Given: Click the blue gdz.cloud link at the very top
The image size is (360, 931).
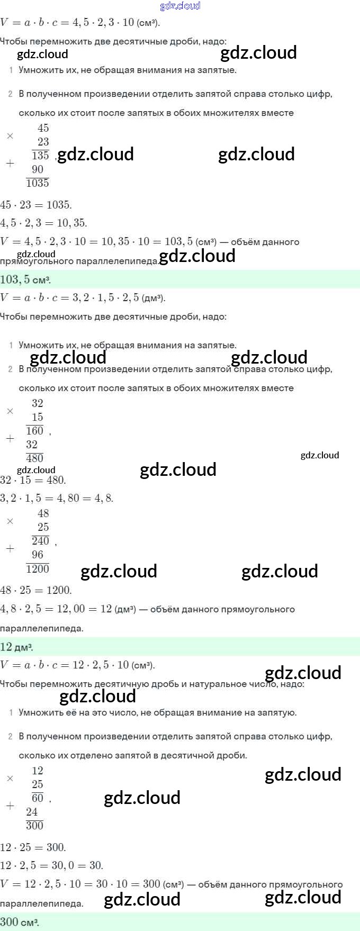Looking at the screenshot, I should point(180,6).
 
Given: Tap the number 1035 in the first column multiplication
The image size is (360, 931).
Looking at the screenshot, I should point(38,183).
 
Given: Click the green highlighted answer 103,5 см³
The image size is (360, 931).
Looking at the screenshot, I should point(26,279).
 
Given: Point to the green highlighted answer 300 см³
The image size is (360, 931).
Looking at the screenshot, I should point(20,922).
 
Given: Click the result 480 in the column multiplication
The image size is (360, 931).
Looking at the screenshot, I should point(35,458).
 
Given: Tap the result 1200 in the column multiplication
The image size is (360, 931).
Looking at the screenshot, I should point(38,569).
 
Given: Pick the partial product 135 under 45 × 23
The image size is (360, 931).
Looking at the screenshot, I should point(40,156).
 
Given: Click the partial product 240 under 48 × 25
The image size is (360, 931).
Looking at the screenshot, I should point(40,541).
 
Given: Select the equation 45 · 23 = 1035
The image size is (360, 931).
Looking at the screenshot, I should point(36,205).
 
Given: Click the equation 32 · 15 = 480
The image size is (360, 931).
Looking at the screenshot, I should point(33,480).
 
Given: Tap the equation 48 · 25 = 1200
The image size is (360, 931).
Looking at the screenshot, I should point(36,590).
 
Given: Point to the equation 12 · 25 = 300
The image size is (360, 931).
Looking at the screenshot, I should point(33,847).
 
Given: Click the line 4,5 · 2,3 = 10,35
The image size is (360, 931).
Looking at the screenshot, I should point(44,223).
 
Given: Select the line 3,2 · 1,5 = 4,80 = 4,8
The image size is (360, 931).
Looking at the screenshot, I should point(57,498).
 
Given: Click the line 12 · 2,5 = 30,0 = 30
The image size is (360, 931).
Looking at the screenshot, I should point(51,865).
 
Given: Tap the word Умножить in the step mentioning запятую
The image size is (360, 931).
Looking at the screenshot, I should point(40,712).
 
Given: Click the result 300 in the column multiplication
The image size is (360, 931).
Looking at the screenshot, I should point(35,826).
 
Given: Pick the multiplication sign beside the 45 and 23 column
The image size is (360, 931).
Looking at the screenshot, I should point(10,136).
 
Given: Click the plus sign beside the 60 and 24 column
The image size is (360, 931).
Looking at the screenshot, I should point(10,806).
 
